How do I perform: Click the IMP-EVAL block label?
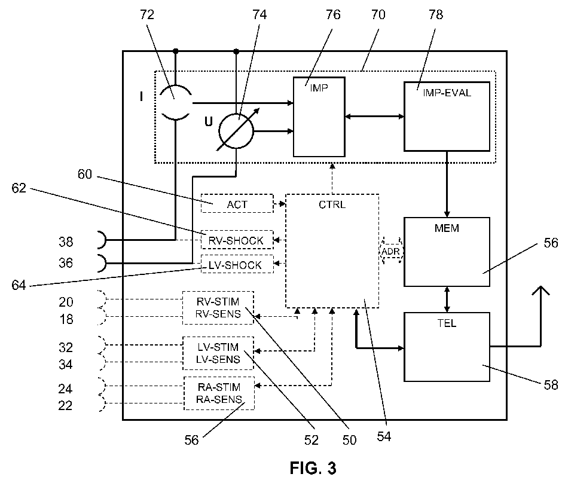(447, 93)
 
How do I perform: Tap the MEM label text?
(447, 228)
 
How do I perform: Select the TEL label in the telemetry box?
(447, 323)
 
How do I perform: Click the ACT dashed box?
(237, 203)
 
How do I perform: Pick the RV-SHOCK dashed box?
(237, 240)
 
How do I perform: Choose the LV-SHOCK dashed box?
(237, 264)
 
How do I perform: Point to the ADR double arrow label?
(391, 251)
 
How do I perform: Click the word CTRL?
(332, 204)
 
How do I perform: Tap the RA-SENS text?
(219, 399)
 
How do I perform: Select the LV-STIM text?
(218, 347)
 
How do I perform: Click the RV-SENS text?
(218, 314)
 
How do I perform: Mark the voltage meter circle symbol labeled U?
(236, 131)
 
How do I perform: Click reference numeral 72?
(147, 14)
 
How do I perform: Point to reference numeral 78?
(436, 14)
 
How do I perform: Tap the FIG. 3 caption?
(313, 468)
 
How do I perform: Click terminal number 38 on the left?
(66, 241)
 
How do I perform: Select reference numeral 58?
(551, 385)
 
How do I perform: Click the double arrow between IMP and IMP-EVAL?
(374, 117)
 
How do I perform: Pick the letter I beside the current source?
(142, 96)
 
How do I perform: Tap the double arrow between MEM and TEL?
(447, 299)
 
